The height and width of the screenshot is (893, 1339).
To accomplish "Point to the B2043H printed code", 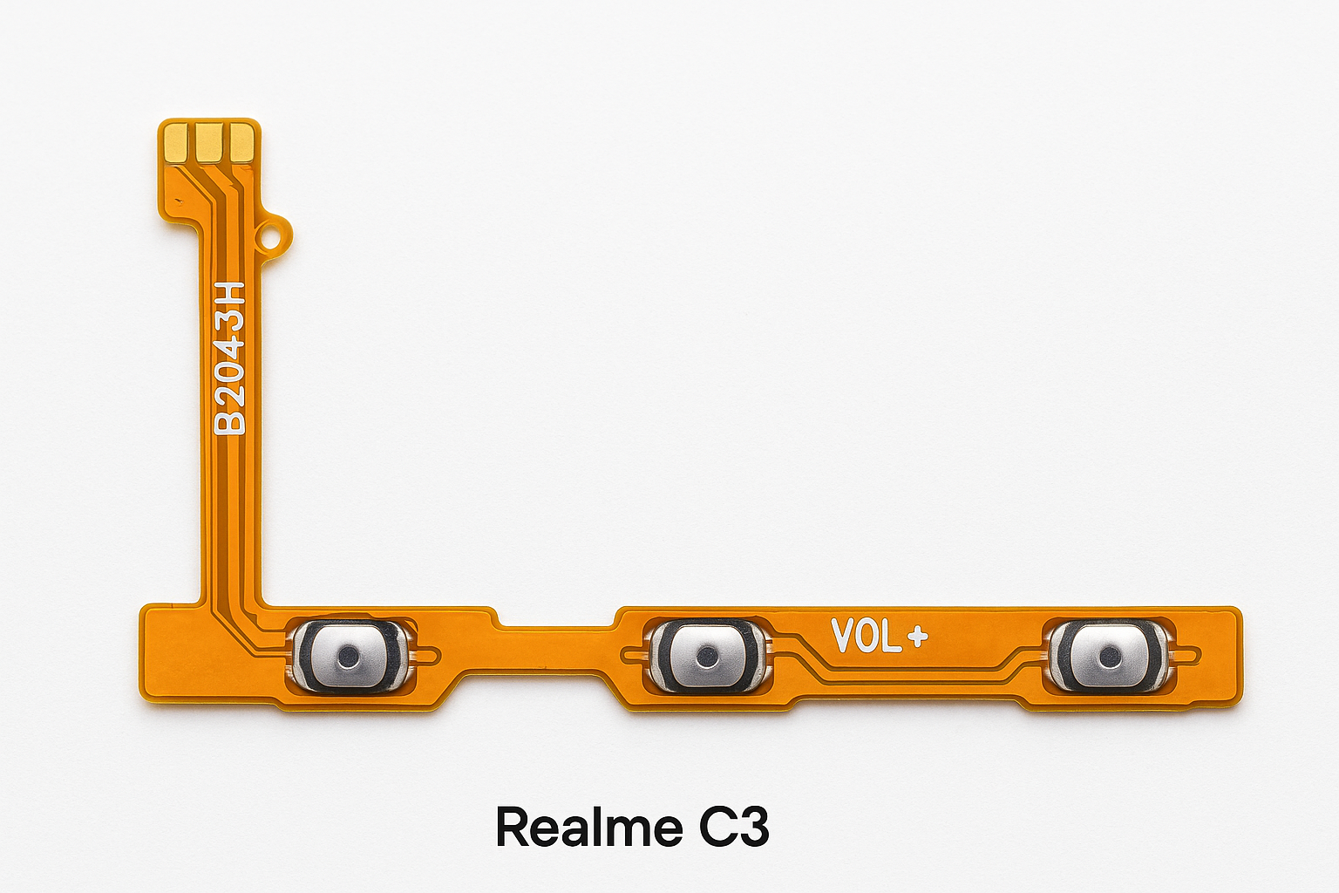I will coord(231,358).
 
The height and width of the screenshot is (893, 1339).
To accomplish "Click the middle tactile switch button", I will coord(709,655).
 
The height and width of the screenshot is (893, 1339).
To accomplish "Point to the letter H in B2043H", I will coord(231,295).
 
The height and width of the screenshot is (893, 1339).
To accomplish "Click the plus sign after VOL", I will coord(917,637).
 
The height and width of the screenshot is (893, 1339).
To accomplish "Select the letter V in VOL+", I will coord(843,637).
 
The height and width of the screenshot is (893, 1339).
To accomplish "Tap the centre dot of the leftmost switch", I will coord(350,655).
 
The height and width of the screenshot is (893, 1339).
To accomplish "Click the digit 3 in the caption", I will coord(755,827).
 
